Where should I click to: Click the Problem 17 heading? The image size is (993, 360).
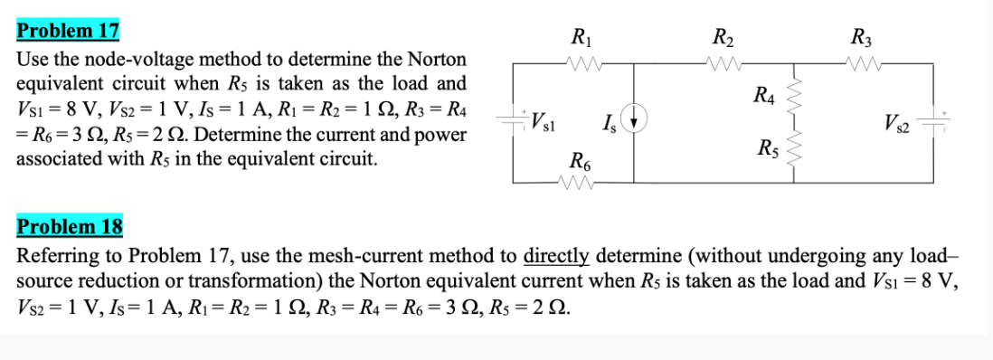(69, 30)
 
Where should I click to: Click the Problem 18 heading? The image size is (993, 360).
(70, 225)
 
